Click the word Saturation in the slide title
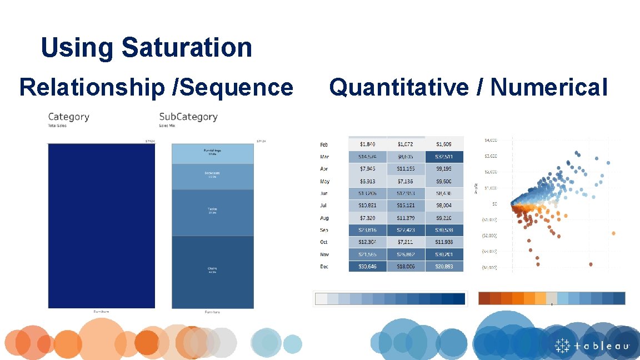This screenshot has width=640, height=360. pyautogui.click(x=187, y=48)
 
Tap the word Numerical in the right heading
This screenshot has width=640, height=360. pyautogui.click(x=549, y=87)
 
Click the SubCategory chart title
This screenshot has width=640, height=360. pyautogui.click(x=188, y=117)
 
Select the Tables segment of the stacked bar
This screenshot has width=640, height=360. pyautogui.click(x=212, y=212)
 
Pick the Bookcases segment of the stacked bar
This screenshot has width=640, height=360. pyautogui.click(x=212, y=176)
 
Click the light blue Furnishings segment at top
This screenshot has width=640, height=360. pyautogui.click(x=212, y=153)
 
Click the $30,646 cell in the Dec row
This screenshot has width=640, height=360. pyautogui.click(x=367, y=267)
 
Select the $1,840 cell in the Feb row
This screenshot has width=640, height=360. pyautogui.click(x=367, y=144)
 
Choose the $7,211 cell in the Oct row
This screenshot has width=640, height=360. pyautogui.click(x=406, y=242)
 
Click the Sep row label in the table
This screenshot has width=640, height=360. pyautogui.click(x=324, y=230)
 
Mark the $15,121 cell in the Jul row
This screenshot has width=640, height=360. pyautogui.click(x=406, y=206)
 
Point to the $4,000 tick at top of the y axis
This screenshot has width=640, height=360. pyautogui.click(x=489, y=140)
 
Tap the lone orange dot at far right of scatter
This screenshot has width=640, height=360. pyautogui.click(x=613, y=233)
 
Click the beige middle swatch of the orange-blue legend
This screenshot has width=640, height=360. pyautogui.click(x=551, y=298)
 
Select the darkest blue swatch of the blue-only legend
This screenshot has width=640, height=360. pyautogui.click(x=459, y=298)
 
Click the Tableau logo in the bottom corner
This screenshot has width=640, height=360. pyautogui.click(x=592, y=346)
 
